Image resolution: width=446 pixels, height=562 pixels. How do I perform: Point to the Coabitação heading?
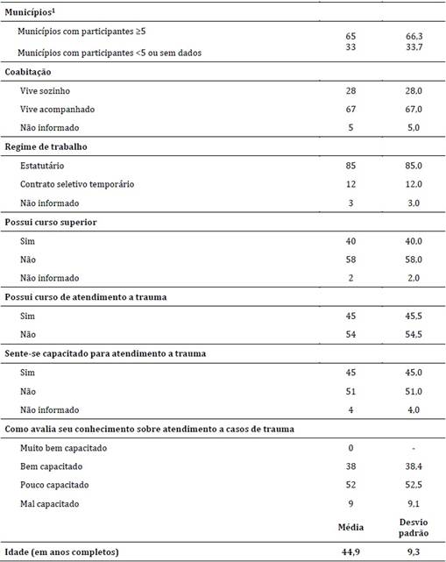pos(29,72)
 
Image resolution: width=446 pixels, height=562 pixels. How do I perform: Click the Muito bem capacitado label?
pos(59,450)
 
